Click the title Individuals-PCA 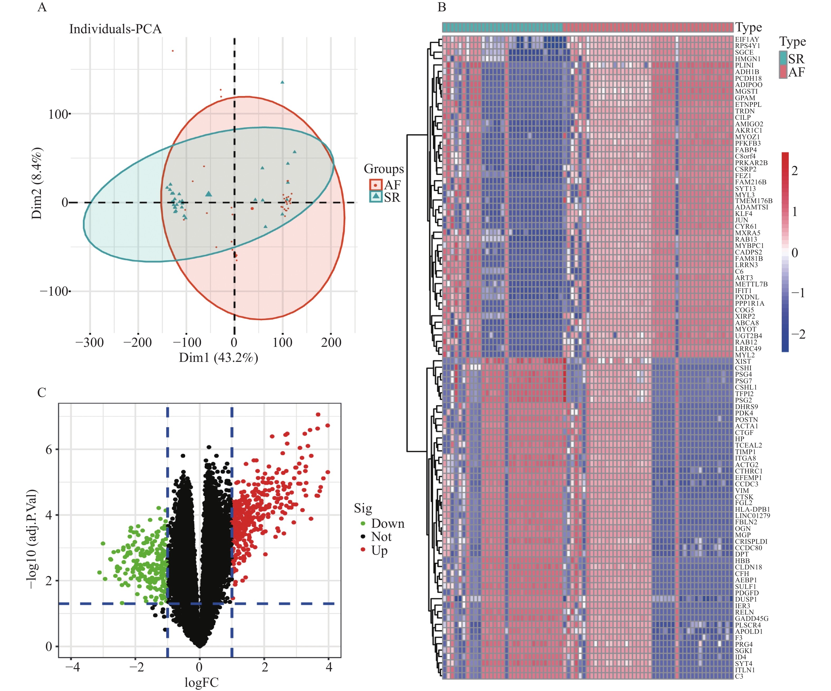[115, 29]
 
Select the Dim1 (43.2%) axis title [218, 358]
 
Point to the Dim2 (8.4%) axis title [37, 183]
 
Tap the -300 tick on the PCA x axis [89, 342]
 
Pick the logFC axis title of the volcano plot [202, 682]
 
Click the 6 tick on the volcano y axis [49, 449]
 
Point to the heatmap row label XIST [743, 361]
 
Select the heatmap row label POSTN [746, 419]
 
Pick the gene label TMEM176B [753, 200]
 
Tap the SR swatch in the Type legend [783, 58]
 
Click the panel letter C [42, 392]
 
